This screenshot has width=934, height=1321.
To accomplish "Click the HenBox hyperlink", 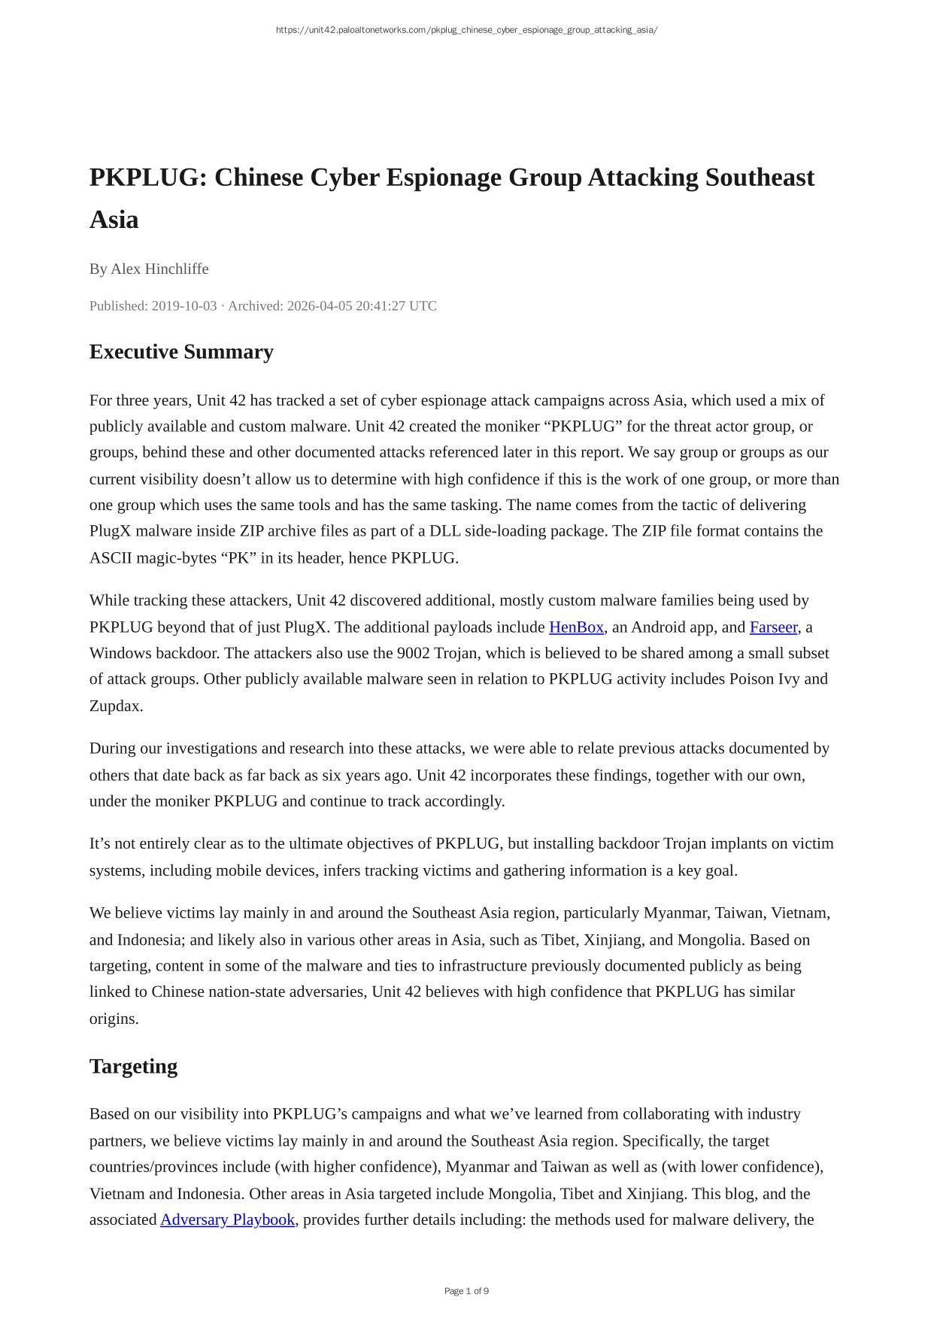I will pos(576,627).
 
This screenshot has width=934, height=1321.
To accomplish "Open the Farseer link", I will pos(773,627).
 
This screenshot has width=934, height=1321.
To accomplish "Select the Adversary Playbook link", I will pos(227,1219).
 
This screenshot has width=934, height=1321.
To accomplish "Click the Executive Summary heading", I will pos(181,352).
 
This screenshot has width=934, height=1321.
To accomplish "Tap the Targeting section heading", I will pos(133,1067).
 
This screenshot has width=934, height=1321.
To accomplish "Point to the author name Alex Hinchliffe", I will pos(159,269).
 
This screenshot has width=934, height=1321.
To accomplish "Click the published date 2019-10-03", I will pos(184,305).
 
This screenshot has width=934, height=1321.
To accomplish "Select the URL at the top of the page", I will pos(466,30).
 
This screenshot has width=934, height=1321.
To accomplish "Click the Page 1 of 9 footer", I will pos(466,1291).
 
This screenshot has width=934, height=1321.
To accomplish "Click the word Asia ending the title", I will pos(114,220).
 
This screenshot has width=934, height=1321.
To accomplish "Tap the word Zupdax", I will pos(116,706).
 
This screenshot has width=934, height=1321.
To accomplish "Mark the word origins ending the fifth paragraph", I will pos(114,1019).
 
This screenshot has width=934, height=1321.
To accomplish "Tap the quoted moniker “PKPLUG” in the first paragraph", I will pos(583,427).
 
